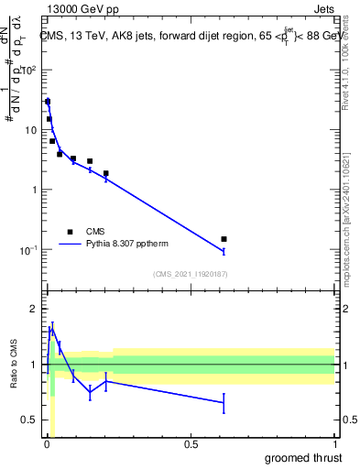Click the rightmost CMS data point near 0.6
coord(224,239)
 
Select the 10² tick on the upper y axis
coord(29,70)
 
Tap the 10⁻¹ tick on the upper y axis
coord(28,249)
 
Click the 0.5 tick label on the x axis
coord(191,444)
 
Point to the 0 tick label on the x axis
coord(47,444)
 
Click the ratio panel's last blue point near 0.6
coord(224,402)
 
